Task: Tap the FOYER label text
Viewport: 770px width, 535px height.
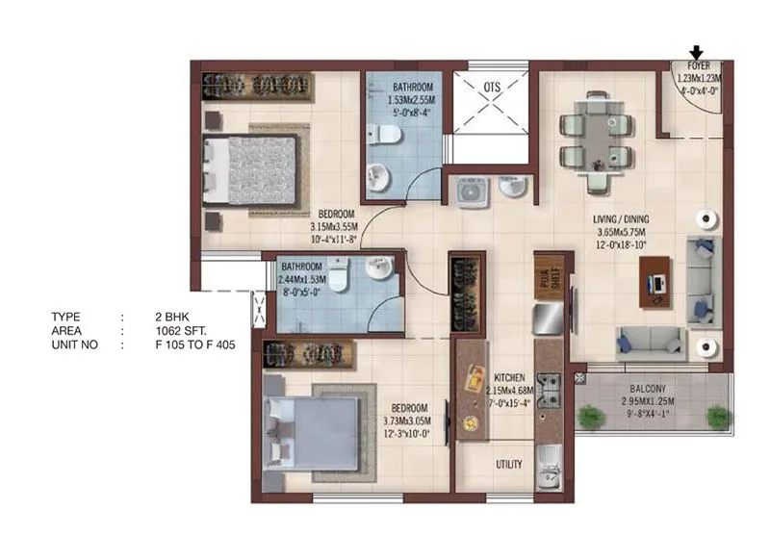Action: pos(699,67)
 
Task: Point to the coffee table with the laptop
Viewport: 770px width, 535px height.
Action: pos(660,285)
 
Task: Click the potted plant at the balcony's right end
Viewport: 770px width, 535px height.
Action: pos(717,416)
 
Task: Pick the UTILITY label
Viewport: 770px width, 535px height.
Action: pos(509,465)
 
